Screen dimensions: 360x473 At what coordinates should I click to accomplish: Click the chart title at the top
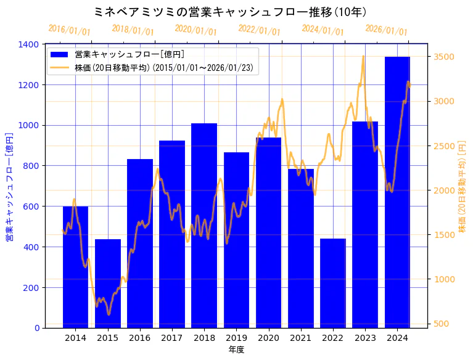pyautogui.click(x=230, y=12)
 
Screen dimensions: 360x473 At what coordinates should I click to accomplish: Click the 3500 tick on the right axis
pyautogui.click(x=444, y=57)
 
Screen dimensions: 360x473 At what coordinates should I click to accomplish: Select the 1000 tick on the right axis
pyautogui.click(x=444, y=279)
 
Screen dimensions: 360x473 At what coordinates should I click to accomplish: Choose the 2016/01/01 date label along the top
pyautogui.click(x=69, y=30)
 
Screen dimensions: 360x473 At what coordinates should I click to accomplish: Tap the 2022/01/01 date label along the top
pyautogui.click(x=259, y=30)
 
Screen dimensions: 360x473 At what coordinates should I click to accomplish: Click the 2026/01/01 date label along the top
pyautogui.click(x=386, y=30)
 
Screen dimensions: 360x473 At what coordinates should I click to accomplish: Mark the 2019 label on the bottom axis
pyautogui.click(x=236, y=338)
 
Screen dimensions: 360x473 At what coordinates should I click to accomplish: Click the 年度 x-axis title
pyautogui.click(x=236, y=350)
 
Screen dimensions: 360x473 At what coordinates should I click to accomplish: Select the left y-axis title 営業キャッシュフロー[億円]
pyautogui.click(x=10, y=186)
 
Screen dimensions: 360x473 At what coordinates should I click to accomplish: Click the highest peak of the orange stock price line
pyautogui.click(x=363, y=56)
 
